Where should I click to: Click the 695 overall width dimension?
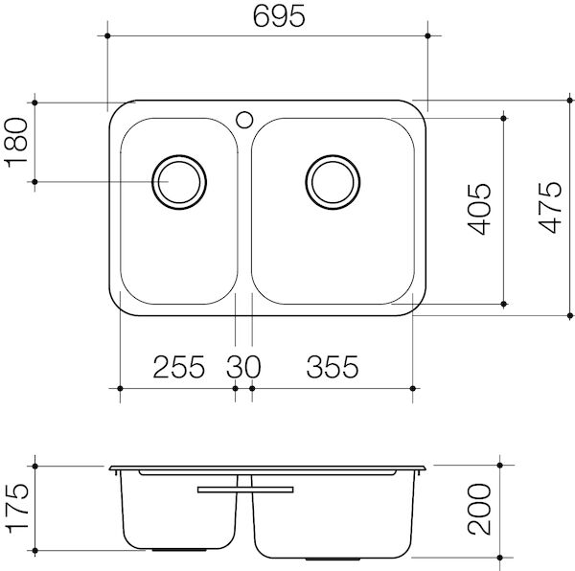click(266, 17)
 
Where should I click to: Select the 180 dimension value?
click(17, 142)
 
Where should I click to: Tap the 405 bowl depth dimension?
click(482, 208)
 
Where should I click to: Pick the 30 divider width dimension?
click(243, 366)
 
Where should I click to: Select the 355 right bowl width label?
click(332, 366)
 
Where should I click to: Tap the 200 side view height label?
click(482, 510)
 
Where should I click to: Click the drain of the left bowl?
click(178, 180)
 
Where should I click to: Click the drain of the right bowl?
click(334, 180)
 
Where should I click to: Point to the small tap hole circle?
click(244, 120)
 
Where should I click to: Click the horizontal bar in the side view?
click(244, 489)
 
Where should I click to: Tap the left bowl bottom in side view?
click(177, 551)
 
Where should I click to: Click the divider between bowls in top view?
click(244, 211)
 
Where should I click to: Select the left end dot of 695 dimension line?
click(106, 35)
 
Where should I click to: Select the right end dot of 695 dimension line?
click(427, 35)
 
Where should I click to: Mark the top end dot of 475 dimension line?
click(569, 102)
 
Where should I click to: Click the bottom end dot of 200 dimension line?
click(502, 558)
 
